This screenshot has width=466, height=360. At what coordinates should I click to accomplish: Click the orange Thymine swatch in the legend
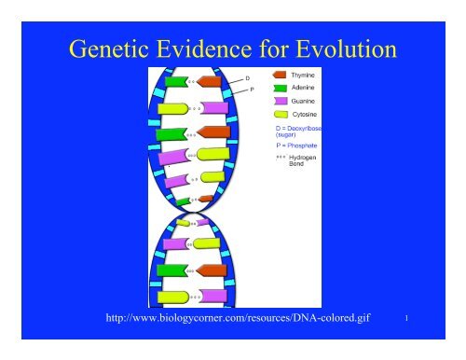(x=281, y=71)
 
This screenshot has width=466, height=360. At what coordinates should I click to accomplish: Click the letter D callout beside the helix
(x=247, y=78)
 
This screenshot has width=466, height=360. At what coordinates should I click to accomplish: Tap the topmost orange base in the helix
(x=210, y=82)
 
